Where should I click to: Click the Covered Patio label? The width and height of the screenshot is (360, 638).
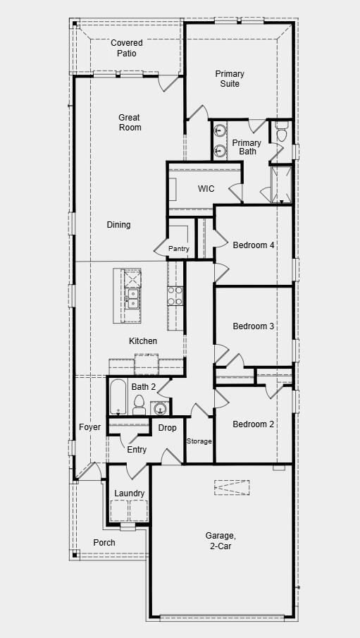click(127, 48)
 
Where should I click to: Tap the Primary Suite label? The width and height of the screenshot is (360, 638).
click(230, 79)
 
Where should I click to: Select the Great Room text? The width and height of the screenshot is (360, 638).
click(130, 123)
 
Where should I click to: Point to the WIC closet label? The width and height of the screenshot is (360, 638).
click(206, 189)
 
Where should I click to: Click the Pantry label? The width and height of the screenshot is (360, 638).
click(179, 249)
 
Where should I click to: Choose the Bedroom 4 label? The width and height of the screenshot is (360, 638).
click(254, 245)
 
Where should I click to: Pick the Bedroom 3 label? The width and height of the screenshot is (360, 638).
click(254, 326)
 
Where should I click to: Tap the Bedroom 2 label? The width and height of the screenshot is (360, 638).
click(254, 424)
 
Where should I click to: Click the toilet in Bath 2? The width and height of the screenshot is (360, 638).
click(139, 405)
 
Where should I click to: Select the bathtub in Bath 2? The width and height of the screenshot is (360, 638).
click(117, 399)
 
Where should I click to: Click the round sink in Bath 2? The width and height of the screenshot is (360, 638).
click(160, 408)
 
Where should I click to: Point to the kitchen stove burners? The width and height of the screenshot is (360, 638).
click(175, 295)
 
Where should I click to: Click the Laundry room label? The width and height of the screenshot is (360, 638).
click(130, 493)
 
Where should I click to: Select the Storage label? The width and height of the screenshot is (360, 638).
click(199, 441)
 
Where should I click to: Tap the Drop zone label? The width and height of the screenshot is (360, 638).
click(167, 428)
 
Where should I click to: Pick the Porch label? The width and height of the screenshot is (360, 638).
click(104, 542)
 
